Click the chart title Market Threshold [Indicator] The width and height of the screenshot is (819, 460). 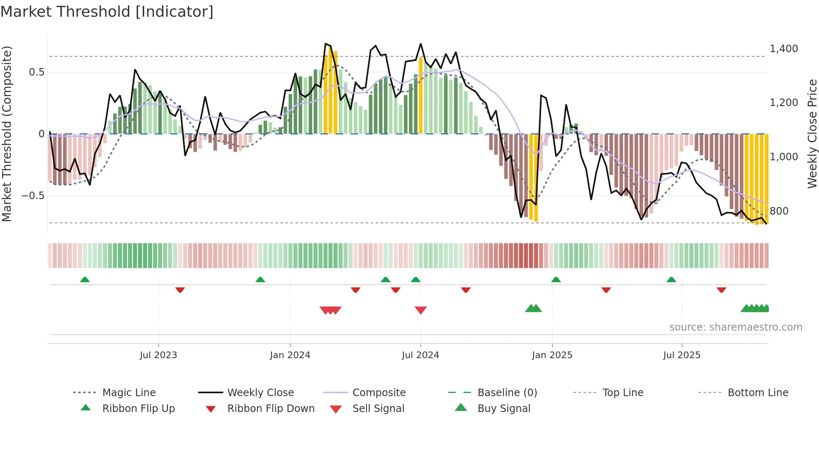click(x=107, y=12)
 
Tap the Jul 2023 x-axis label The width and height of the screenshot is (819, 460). click(x=158, y=355)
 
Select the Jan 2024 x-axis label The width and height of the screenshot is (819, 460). click(x=290, y=355)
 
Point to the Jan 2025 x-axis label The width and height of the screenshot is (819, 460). click(x=552, y=355)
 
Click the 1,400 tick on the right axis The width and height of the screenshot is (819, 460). click(x=783, y=49)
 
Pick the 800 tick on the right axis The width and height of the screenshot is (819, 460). click(x=779, y=211)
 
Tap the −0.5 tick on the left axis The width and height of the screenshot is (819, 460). click(x=33, y=196)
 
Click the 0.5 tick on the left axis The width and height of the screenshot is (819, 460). click(x=36, y=72)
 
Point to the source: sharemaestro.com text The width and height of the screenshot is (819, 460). click(x=735, y=327)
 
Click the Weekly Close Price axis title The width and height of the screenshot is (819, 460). click(x=812, y=134)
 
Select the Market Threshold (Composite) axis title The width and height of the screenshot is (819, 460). click(x=7, y=134)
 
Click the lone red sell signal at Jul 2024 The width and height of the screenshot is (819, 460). click(x=420, y=310)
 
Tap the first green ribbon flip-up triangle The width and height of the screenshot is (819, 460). click(x=85, y=279)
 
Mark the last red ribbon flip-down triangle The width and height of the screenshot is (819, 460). click(x=721, y=290)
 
